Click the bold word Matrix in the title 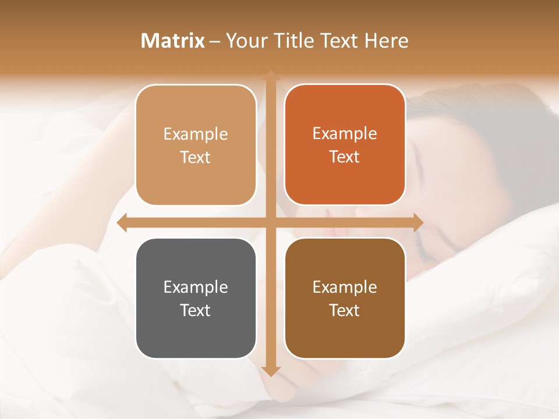tap(173, 41)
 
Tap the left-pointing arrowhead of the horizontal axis tap(123, 222)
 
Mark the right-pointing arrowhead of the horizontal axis tap(418, 222)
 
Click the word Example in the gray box tap(196, 287)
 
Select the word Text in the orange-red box tap(345, 157)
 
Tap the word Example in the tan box tap(196, 134)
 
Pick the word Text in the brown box tap(345, 310)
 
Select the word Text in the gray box tap(196, 310)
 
